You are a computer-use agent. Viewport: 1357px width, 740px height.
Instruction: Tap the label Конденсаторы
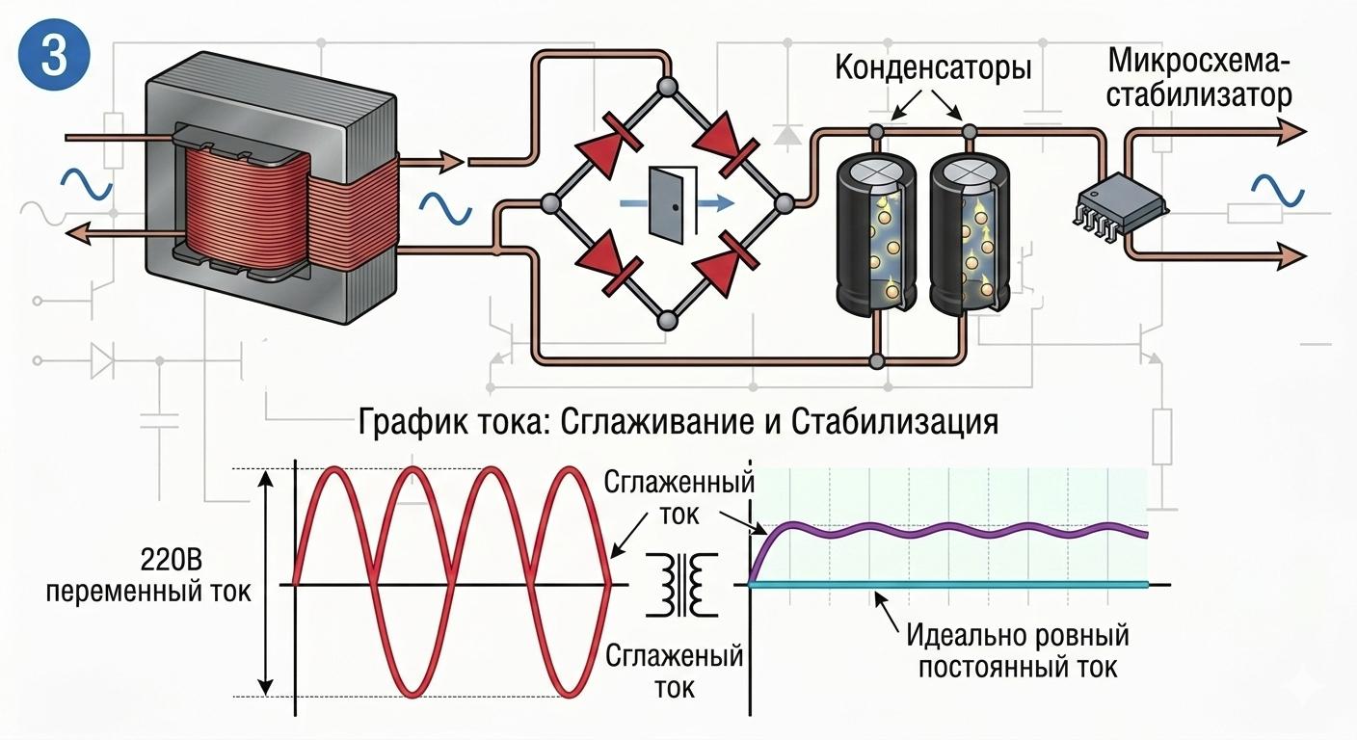click(933, 69)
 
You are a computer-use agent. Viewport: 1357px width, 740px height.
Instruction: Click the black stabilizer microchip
click(1119, 204)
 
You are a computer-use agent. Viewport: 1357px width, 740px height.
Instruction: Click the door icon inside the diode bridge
click(667, 203)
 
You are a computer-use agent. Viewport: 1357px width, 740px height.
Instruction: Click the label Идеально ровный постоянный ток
click(1016, 651)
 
